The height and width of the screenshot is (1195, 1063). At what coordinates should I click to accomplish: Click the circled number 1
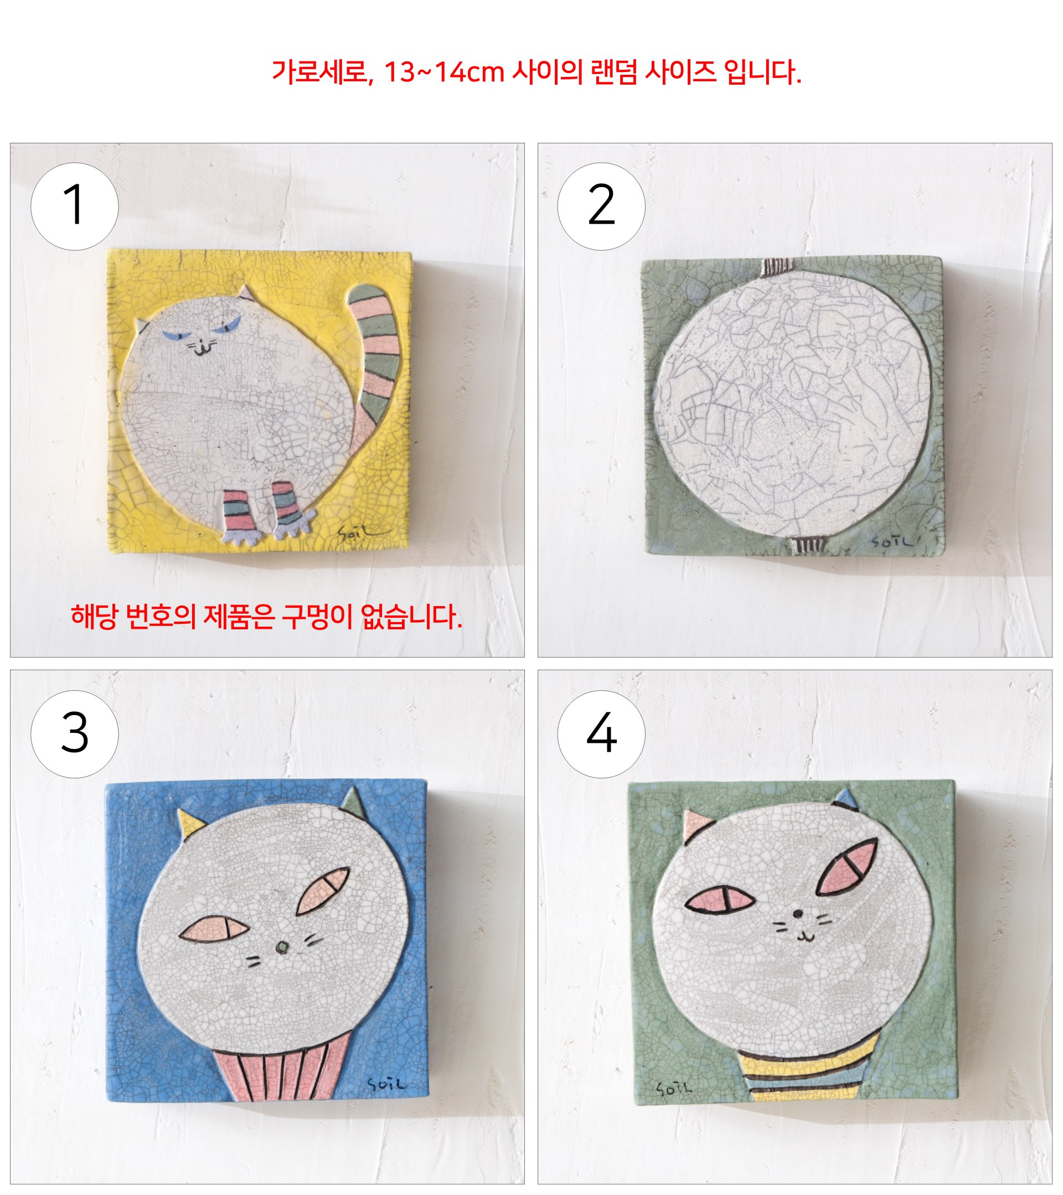(74, 206)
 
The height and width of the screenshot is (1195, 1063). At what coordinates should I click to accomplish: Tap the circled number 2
(601, 206)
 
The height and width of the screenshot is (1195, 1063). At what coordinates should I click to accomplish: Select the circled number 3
(74, 734)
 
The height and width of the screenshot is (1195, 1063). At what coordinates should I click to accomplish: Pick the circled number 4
(601, 734)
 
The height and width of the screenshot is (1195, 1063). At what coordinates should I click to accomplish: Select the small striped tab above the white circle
(777, 267)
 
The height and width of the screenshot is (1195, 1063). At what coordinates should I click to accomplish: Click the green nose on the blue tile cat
(282, 947)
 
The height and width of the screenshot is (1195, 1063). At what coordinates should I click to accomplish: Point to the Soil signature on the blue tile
(386, 1084)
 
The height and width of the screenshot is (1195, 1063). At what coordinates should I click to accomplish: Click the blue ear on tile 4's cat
(846, 799)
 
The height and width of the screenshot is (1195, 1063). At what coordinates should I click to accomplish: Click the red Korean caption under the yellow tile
(267, 617)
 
